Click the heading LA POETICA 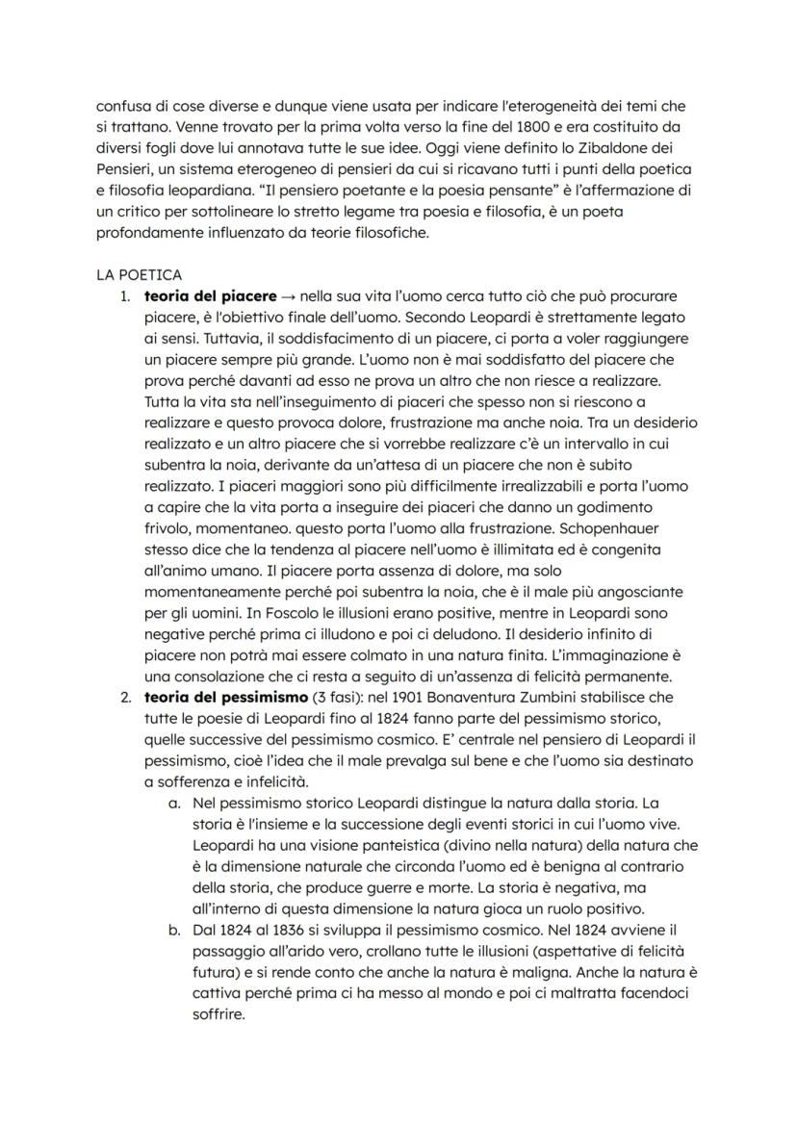140,274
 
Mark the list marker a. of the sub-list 174,801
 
